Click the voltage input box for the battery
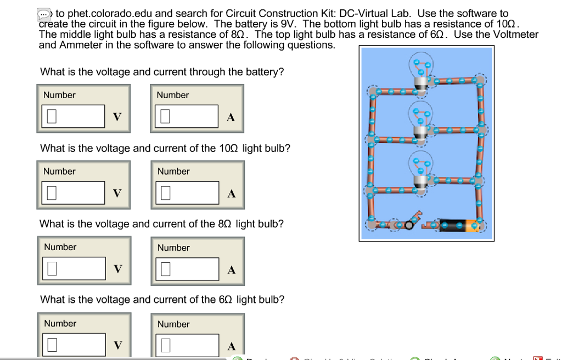[x=73, y=116]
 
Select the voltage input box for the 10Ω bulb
[x=73, y=192]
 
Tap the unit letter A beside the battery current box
[x=231, y=117]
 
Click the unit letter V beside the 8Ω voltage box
[x=116, y=269]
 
